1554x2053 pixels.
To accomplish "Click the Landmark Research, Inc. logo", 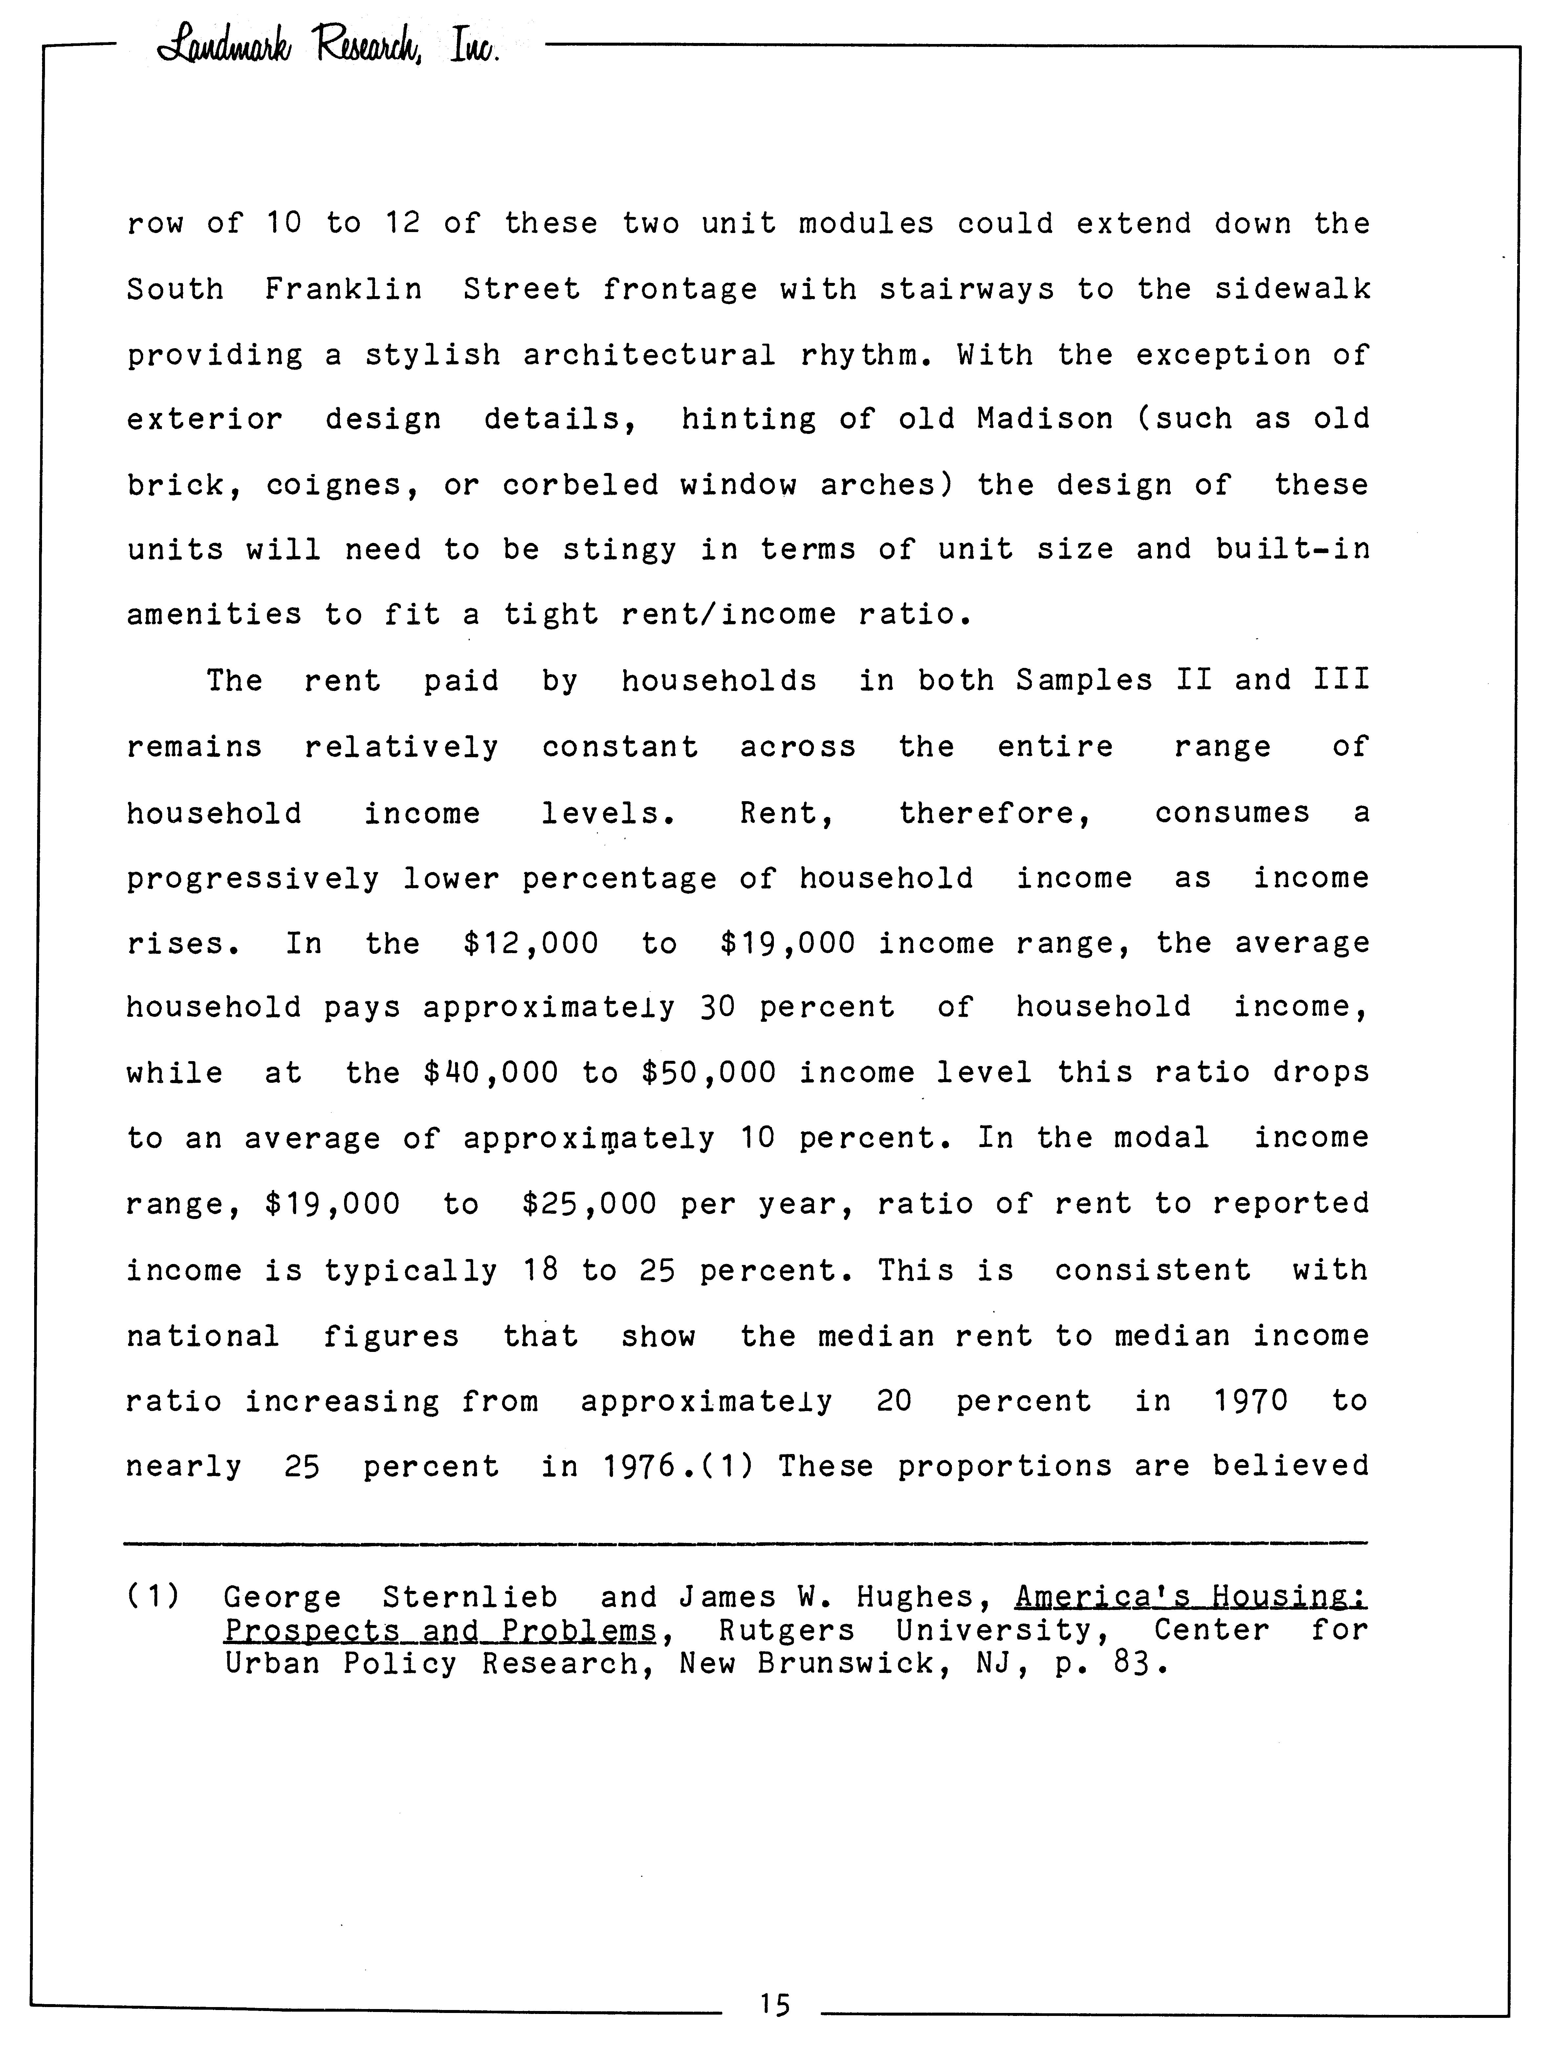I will [x=330, y=42].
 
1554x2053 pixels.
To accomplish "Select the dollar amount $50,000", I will [x=708, y=1073].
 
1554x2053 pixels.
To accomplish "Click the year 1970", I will [x=1250, y=1401].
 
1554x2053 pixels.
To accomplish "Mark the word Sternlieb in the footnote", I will [x=470, y=1597].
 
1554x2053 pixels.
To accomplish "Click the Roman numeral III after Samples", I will [x=1341, y=680].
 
